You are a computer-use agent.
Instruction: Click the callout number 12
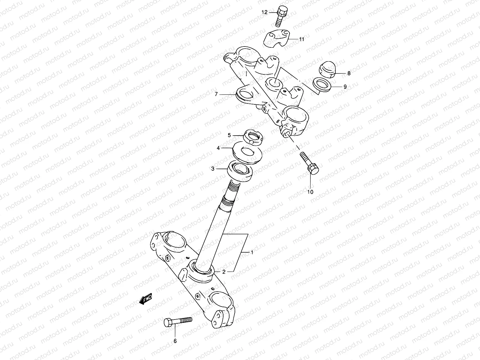(x=264, y=12)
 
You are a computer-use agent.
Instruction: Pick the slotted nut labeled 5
(x=255, y=136)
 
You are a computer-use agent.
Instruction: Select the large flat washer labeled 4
(x=248, y=152)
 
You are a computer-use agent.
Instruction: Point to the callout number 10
(x=310, y=192)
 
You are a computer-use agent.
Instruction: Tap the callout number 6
(x=175, y=341)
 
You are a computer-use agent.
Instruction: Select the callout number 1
(x=252, y=253)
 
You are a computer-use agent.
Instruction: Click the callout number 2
(x=224, y=272)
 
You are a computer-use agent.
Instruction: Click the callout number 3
(x=213, y=169)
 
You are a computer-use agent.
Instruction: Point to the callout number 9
(x=345, y=87)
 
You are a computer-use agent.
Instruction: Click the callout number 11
(x=301, y=39)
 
